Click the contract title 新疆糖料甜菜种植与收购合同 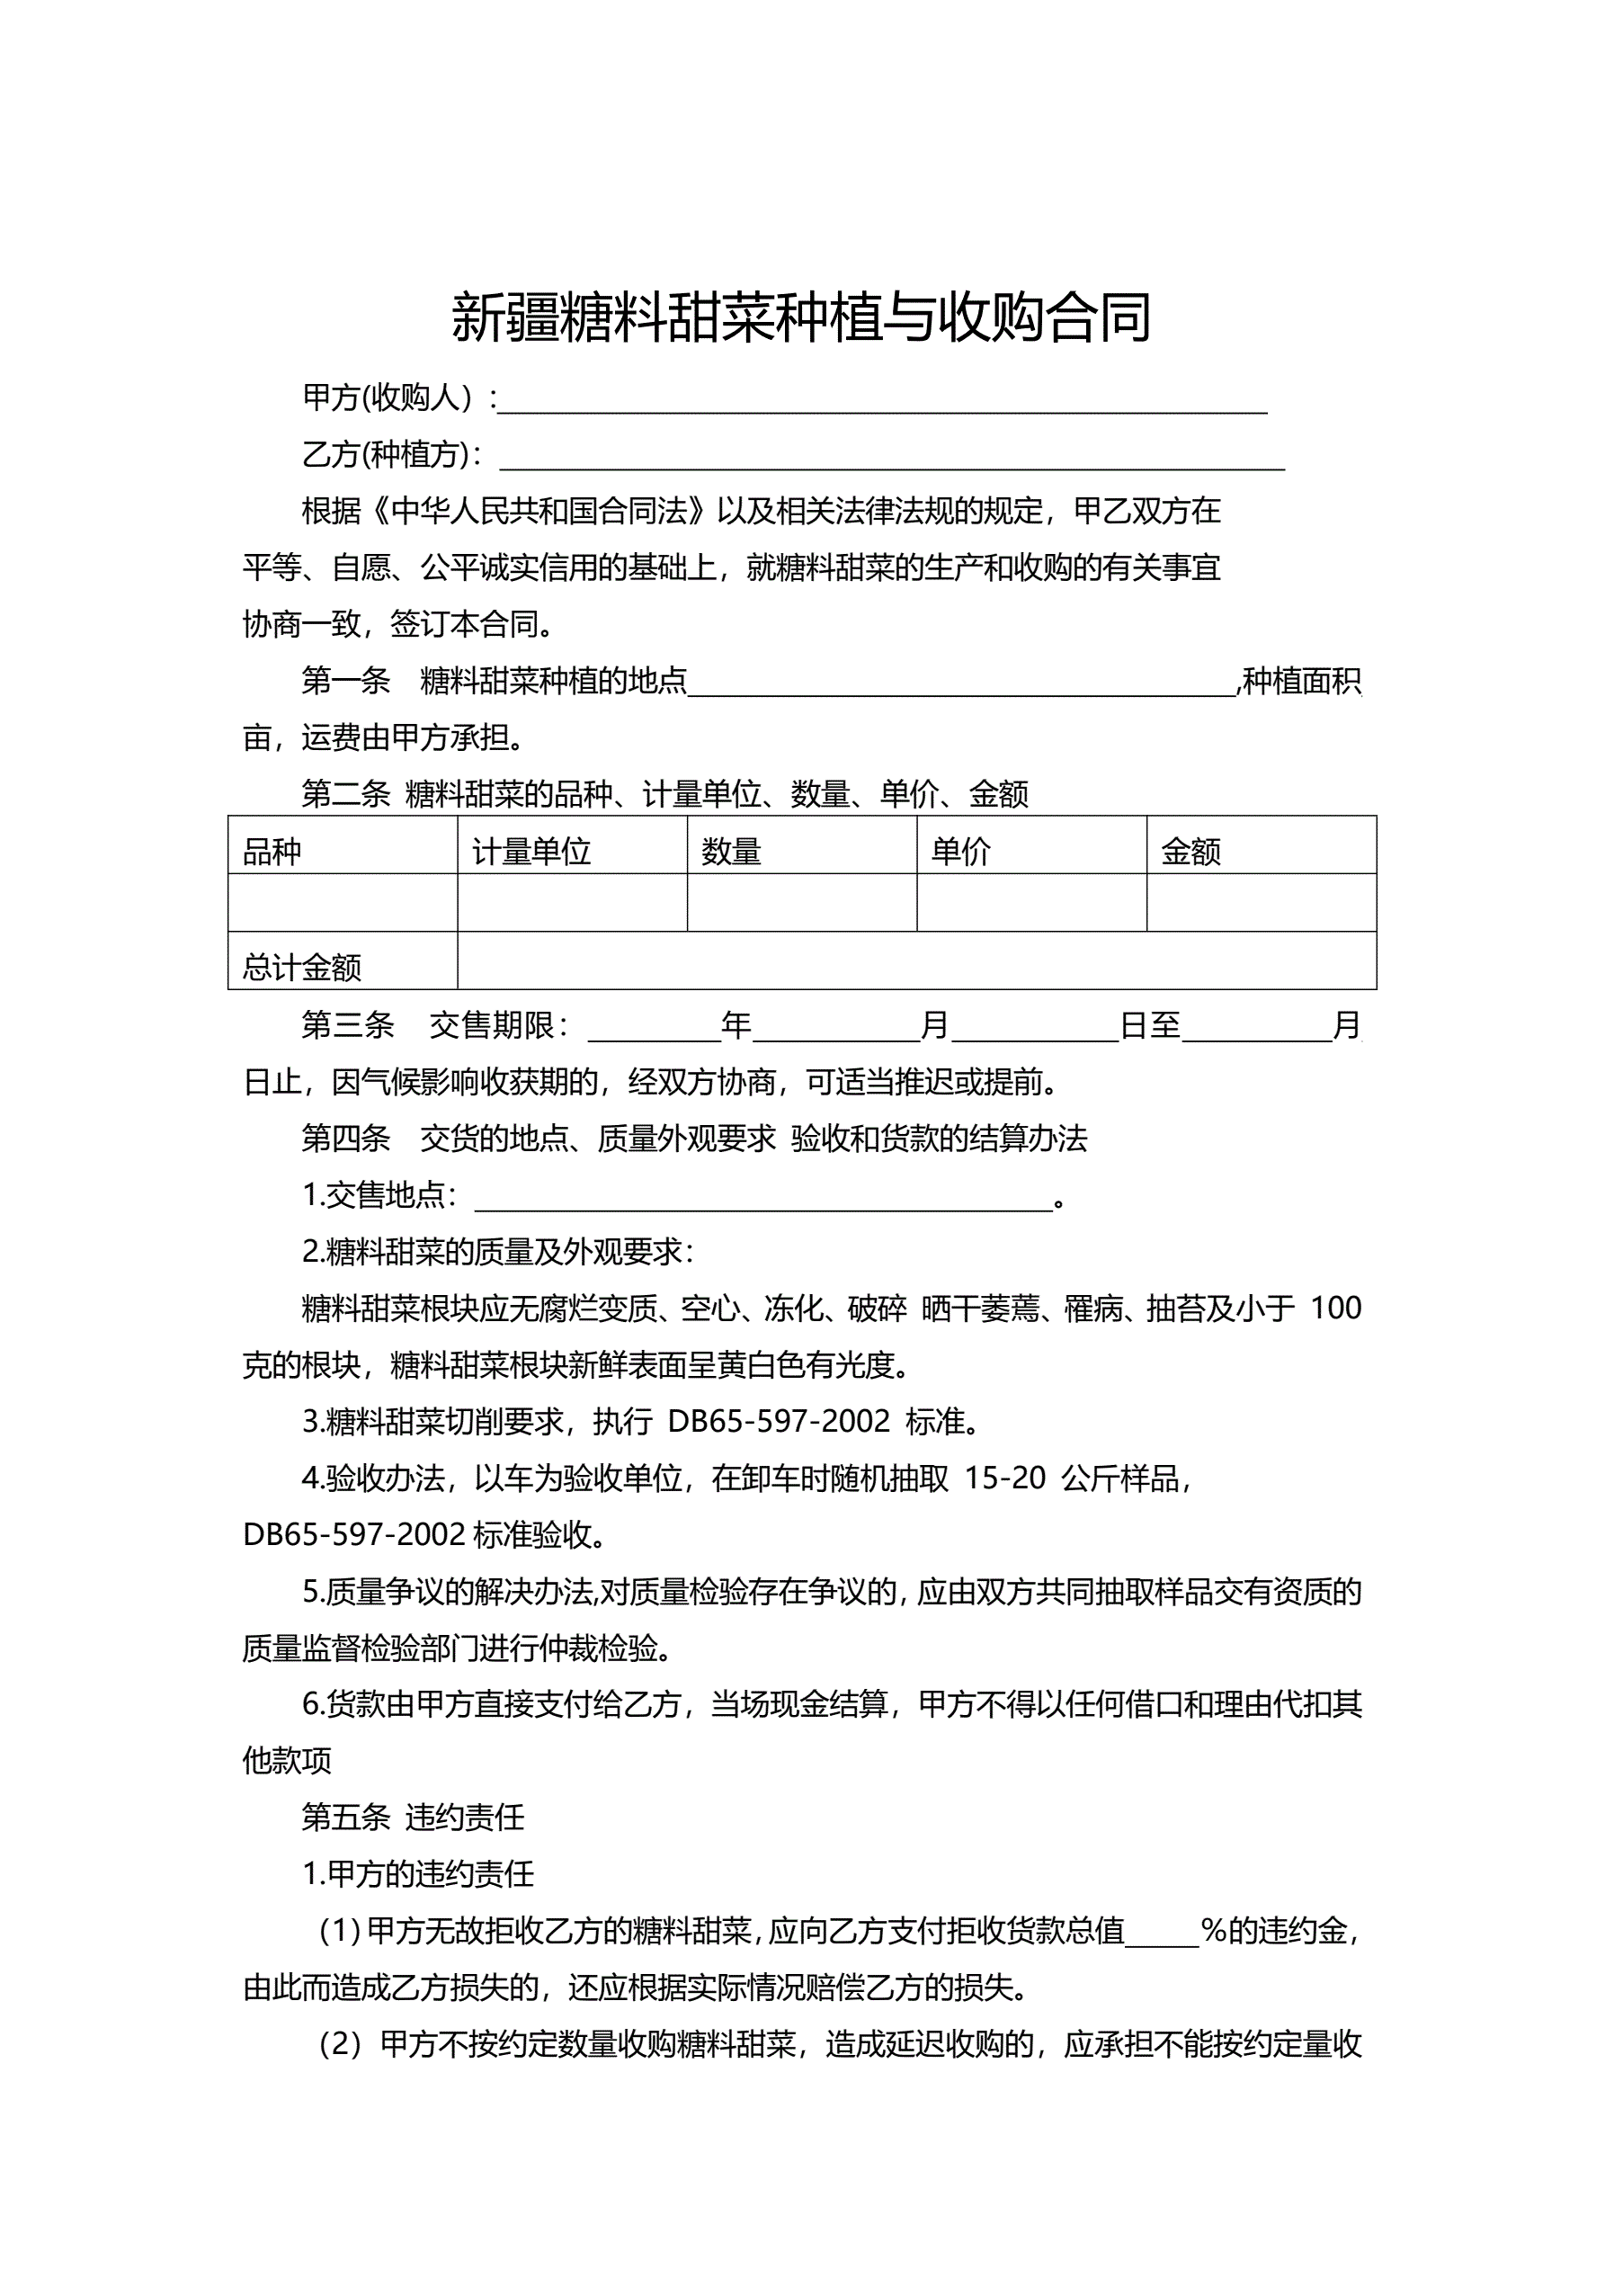coord(801,317)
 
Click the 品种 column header coord(272,851)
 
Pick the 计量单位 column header coord(531,851)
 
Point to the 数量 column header coord(731,851)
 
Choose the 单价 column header coord(960,851)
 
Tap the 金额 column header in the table coord(1190,851)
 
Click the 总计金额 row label coord(302,967)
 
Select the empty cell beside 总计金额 coord(916,960)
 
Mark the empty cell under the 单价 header coord(1030,902)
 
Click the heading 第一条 coord(346,681)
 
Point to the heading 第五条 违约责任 coord(413,1817)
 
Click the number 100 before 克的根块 coord(1336,1309)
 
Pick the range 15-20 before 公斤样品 coord(1004,1478)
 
